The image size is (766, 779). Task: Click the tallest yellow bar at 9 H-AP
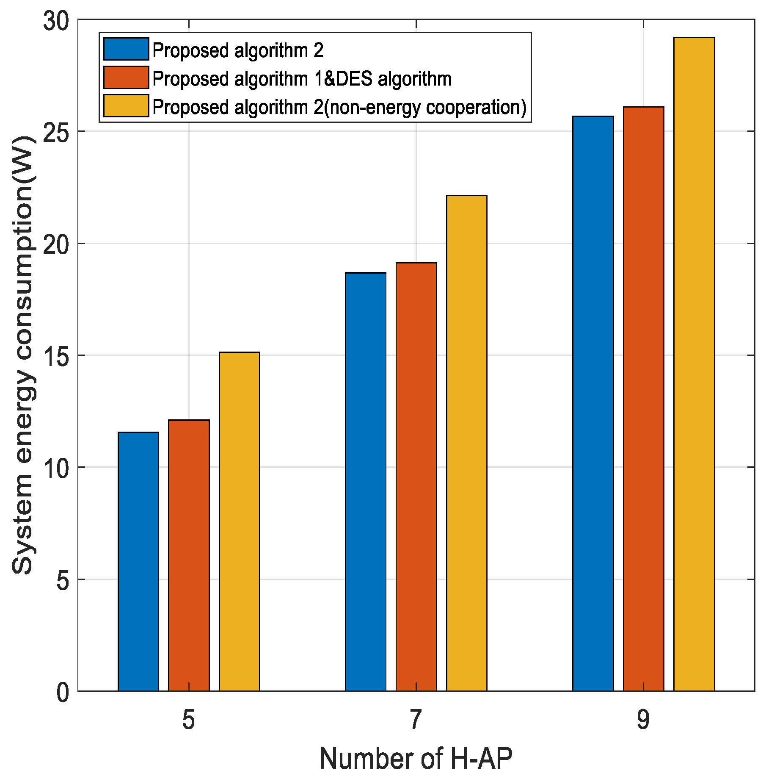click(694, 364)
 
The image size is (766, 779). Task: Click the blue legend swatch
click(126, 50)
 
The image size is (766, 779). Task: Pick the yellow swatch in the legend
click(126, 106)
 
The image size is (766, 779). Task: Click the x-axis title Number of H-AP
click(416, 759)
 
